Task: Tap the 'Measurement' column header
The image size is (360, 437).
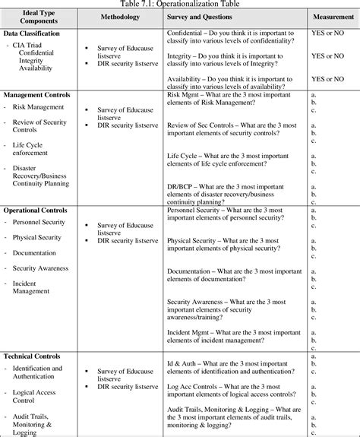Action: (x=330, y=17)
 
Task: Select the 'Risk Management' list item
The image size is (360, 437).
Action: (x=38, y=107)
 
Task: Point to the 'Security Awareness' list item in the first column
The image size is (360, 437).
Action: (x=40, y=268)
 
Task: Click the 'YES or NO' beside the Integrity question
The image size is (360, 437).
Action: (x=329, y=55)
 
